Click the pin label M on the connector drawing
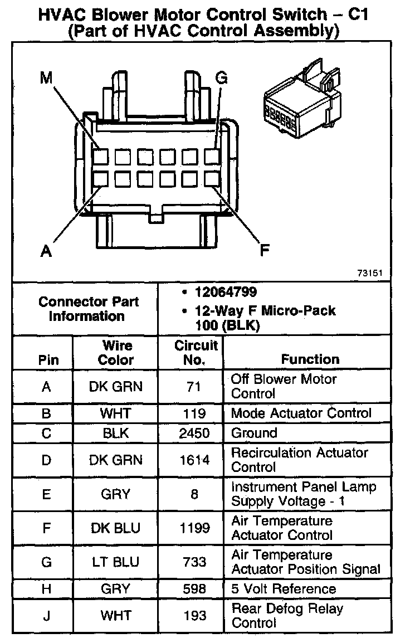(x=46, y=79)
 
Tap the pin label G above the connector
(x=221, y=79)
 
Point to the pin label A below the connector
(x=47, y=251)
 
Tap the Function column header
(x=310, y=359)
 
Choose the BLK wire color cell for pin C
(x=116, y=433)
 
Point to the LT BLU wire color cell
(x=116, y=562)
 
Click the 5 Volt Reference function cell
(x=284, y=589)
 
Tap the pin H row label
(x=47, y=589)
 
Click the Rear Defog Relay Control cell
(x=287, y=615)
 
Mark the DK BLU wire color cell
(x=116, y=528)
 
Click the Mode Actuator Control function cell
(x=301, y=413)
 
